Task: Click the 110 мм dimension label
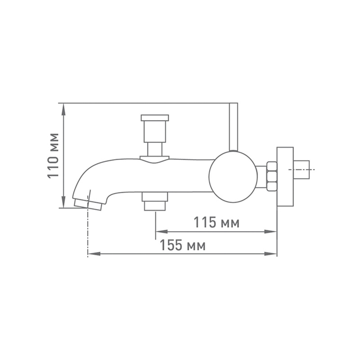coord(53,156)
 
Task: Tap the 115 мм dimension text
coord(216,222)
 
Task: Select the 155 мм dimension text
coord(183,245)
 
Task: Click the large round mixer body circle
coord(233,177)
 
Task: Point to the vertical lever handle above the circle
coord(234,127)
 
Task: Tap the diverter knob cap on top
coord(155,117)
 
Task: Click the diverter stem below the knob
coord(155,149)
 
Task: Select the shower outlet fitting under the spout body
coord(155,201)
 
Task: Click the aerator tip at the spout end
coord(88,204)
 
